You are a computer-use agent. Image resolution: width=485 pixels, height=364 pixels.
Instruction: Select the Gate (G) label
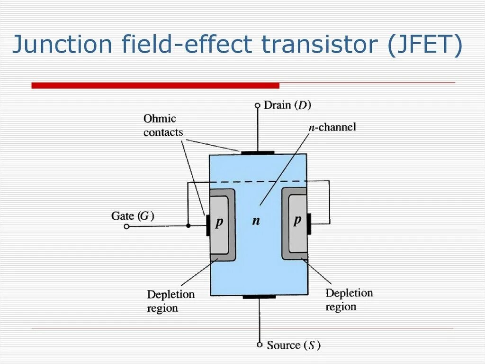(133, 216)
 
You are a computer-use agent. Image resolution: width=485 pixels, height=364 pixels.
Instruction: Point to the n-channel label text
(332, 127)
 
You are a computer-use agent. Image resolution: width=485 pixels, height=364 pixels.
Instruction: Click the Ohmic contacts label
(162, 125)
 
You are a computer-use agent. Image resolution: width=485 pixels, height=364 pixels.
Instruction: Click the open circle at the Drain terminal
(258, 105)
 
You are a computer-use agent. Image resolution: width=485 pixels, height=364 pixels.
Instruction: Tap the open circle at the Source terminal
(260, 345)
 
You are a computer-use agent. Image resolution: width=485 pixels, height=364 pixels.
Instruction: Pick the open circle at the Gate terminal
(126, 226)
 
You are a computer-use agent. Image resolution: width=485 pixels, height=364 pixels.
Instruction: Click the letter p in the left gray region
(219, 222)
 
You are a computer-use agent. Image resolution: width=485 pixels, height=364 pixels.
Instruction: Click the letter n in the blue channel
(256, 221)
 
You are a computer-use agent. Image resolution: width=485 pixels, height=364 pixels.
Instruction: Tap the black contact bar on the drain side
(258, 153)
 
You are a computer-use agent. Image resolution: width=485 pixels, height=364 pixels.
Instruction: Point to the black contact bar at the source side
(259, 297)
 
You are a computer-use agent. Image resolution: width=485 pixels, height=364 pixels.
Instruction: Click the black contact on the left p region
(208, 224)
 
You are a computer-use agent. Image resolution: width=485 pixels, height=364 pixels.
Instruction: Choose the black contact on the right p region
(309, 224)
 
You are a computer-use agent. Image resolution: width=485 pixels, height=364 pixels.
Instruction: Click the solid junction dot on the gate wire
(188, 226)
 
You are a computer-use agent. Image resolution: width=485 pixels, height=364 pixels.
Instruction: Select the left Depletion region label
(171, 301)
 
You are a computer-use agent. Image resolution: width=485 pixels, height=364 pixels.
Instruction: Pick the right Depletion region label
(349, 299)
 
